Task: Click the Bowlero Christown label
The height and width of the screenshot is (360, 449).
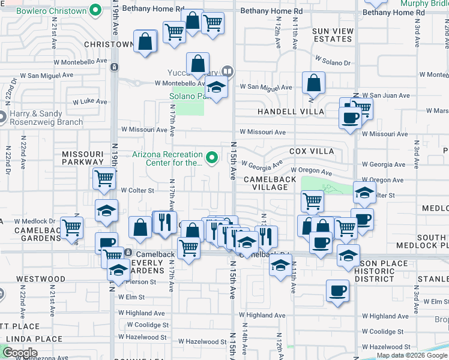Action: click(x=51, y=11)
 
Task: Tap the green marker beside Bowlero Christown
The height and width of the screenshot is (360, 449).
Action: click(x=95, y=10)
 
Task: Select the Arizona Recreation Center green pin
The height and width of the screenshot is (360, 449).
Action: click(x=211, y=158)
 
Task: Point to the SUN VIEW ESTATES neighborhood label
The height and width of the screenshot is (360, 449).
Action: click(x=332, y=35)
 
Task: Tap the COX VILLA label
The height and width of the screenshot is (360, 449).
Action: click(x=311, y=151)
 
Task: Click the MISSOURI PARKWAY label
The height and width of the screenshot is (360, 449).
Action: click(x=83, y=158)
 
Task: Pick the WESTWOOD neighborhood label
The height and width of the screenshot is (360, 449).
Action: click(x=41, y=279)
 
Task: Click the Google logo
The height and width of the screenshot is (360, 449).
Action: click(x=20, y=353)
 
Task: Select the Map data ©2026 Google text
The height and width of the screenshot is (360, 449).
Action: click(x=412, y=355)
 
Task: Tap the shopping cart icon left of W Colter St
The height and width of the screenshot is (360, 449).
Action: click(x=104, y=178)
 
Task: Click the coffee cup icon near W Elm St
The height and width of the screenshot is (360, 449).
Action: click(x=337, y=290)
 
